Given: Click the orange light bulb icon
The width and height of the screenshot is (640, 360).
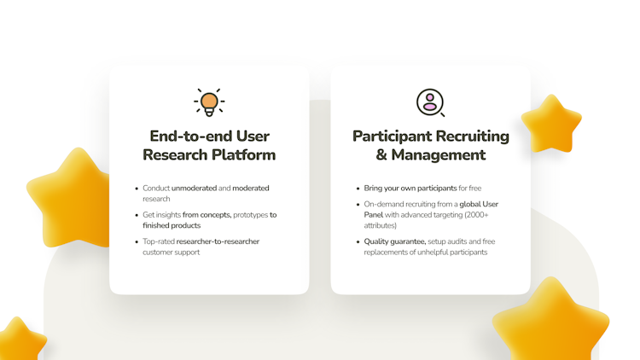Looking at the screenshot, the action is pyautogui.click(x=209, y=102).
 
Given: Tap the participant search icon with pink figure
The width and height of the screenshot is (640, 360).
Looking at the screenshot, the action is pyautogui.click(x=430, y=102).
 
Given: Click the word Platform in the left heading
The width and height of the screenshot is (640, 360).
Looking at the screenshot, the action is pyautogui.click(x=244, y=155).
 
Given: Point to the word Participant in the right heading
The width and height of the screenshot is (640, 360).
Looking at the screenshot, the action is pyautogui.click(x=393, y=136).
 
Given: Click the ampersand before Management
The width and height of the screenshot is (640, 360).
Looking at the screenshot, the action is pyautogui.click(x=381, y=155).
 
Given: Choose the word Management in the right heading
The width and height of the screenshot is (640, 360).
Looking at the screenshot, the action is pyautogui.click(x=439, y=155).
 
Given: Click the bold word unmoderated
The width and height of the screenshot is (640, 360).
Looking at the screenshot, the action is pyautogui.click(x=194, y=189).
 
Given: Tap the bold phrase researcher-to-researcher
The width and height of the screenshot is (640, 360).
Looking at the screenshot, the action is pyautogui.click(x=218, y=241).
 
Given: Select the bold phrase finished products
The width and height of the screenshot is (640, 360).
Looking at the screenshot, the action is pyautogui.click(x=172, y=226).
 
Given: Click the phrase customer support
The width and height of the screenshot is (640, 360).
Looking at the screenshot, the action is pyautogui.click(x=171, y=253).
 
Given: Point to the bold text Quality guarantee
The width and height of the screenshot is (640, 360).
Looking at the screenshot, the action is pyautogui.click(x=395, y=241).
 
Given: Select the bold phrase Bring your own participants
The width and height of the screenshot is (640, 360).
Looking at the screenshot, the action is pyautogui.click(x=410, y=189).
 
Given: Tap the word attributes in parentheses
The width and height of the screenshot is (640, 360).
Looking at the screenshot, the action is pyautogui.click(x=379, y=226).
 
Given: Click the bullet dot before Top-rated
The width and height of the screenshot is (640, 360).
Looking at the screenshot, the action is pyautogui.click(x=137, y=241).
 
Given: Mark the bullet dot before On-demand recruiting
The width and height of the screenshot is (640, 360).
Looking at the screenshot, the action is pyautogui.click(x=358, y=205).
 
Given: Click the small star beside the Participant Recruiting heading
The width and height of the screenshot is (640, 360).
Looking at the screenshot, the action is pyautogui.click(x=551, y=124).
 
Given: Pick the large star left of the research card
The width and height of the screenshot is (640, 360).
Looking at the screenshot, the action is pyautogui.click(x=68, y=198).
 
